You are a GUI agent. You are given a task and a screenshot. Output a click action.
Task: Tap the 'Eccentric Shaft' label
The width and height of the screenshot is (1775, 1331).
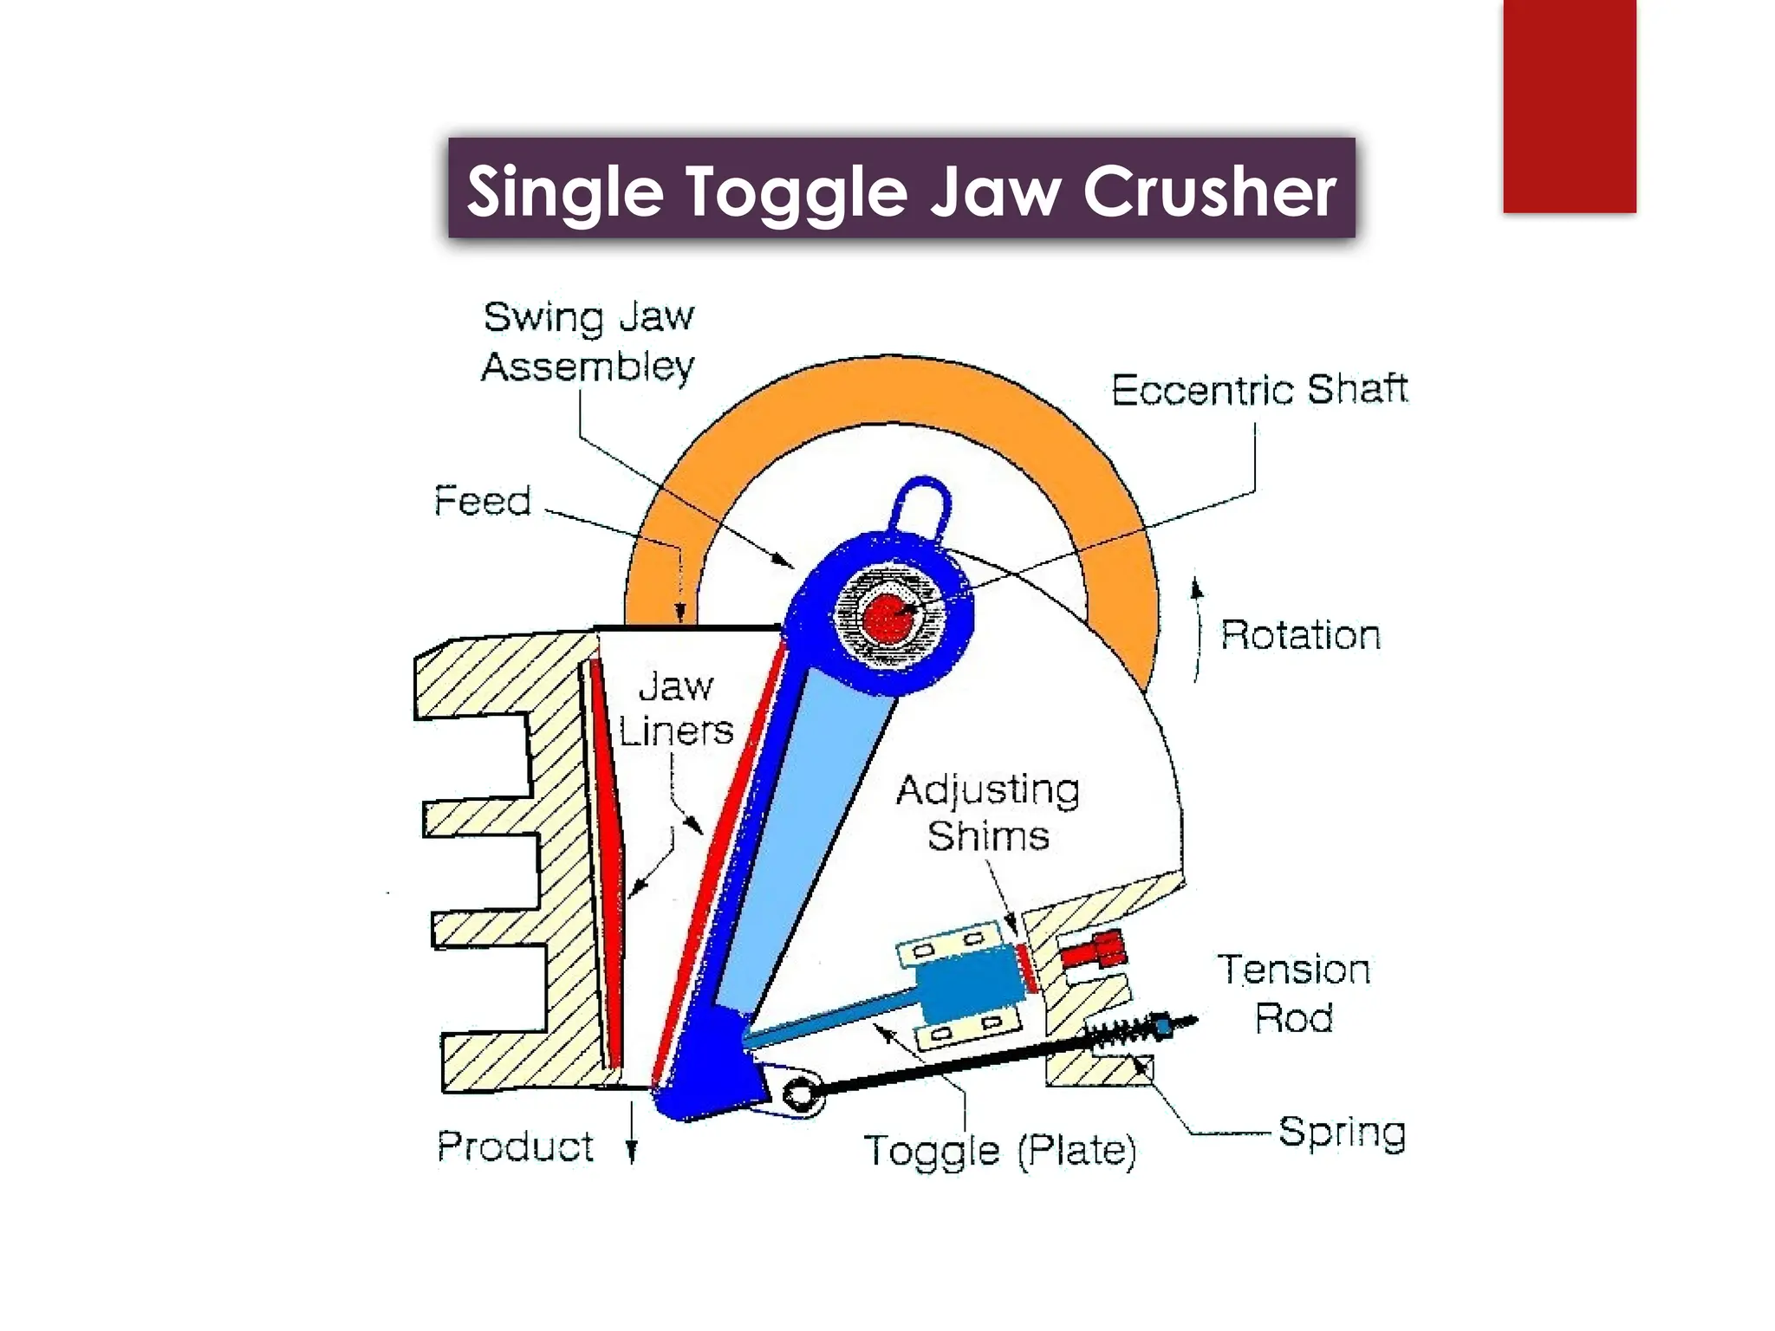tap(1259, 390)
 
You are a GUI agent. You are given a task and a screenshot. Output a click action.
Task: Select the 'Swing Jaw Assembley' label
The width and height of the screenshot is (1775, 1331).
tap(588, 341)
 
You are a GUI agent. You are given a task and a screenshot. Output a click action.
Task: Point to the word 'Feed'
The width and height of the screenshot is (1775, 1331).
tap(482, 501)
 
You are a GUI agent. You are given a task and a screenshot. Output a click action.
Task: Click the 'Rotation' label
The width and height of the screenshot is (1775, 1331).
tap(1300, 635)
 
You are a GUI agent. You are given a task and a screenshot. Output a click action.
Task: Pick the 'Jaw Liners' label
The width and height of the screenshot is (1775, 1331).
tap(676, 709)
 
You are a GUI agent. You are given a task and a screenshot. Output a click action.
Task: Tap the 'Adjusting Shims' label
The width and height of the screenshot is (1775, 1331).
tap(988, 813)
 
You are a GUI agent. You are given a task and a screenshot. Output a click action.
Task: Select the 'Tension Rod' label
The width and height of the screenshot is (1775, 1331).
tap(1294, 993)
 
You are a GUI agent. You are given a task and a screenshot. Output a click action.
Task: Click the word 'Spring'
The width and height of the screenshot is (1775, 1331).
tap(1342, 1132)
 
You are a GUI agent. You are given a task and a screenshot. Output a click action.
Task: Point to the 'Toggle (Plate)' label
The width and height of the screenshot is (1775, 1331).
tap(1000, 1151)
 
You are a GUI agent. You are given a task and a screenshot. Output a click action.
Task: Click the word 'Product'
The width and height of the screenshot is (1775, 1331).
tap(516, 1146)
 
